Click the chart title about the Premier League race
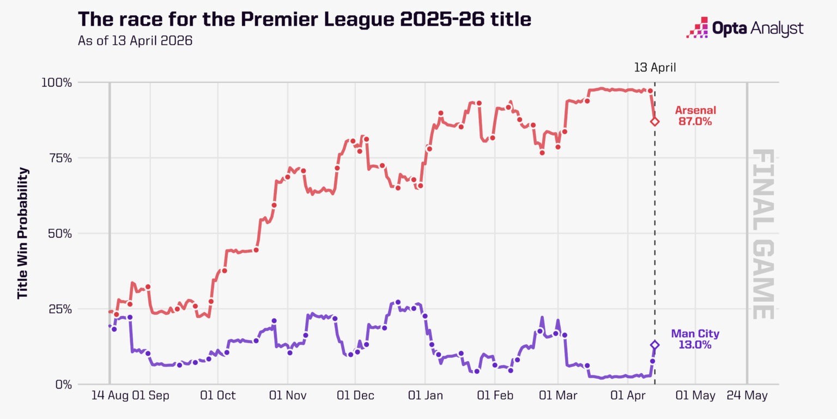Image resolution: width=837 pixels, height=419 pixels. (x=305, y=20)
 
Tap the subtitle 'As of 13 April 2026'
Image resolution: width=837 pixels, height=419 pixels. (x=135, y=41)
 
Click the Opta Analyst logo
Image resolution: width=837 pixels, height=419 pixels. (x=744, y=28)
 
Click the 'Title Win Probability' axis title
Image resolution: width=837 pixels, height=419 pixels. (x=22, y=234)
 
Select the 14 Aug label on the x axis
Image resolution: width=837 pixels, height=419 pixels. (x=108, y=396)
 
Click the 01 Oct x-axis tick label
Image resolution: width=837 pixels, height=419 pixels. (x=218, y=396)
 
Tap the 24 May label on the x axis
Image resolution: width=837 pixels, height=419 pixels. (x=747, y=396)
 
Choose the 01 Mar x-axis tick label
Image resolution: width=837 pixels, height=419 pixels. (x=558, y=396)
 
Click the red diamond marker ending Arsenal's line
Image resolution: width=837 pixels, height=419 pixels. (x=654, y=121)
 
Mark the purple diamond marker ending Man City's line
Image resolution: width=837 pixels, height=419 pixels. (x=654, y=345)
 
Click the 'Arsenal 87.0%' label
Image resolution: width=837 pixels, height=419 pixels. (x=695, y=116)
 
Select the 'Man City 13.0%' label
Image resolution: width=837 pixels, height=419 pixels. (x=695, y=339)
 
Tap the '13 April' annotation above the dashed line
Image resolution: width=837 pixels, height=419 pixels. (x=654, y=68)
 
